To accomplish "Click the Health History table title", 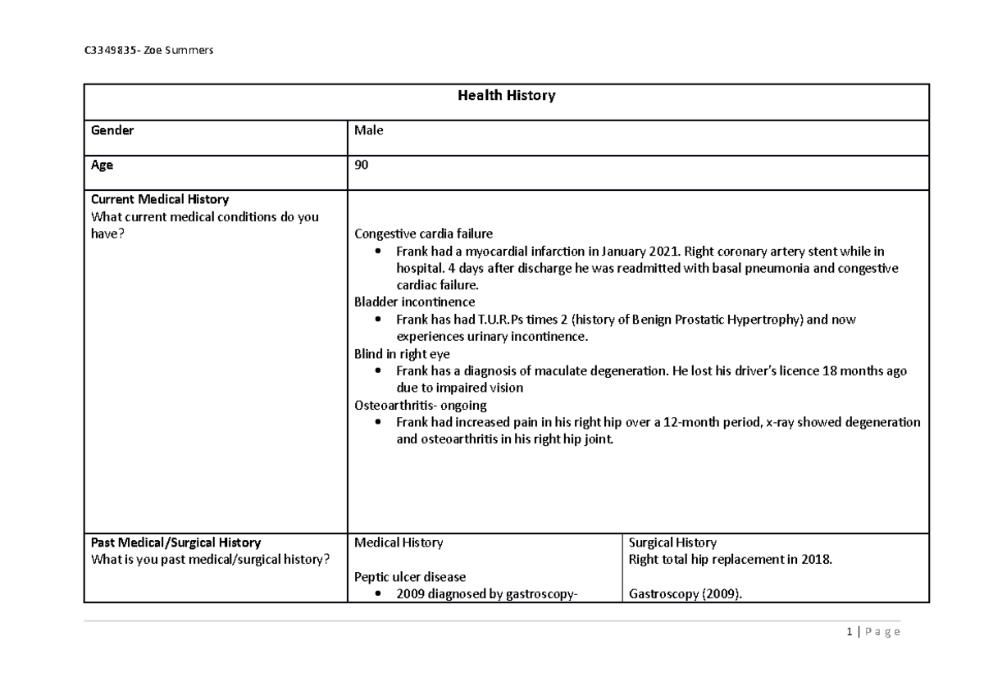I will coord(506,96).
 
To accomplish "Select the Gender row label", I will coord(112,130).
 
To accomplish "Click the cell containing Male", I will coord(368,130).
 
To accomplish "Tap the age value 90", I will coord(362,166).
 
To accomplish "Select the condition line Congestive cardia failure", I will coord(423,234).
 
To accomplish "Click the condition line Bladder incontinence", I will coord(414,302).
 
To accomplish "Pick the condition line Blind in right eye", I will coord(400,354).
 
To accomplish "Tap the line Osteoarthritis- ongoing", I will coord(420,406).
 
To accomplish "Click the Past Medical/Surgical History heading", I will coord(176,543).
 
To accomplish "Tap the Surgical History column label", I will coord(672,543).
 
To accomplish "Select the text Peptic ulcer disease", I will coord(409,577).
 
